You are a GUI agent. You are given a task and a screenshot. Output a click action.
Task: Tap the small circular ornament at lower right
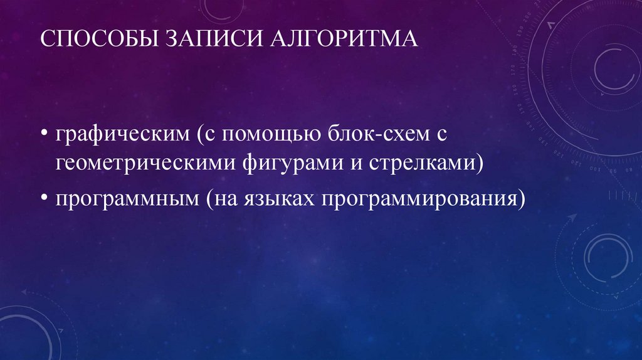[606, 257]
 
